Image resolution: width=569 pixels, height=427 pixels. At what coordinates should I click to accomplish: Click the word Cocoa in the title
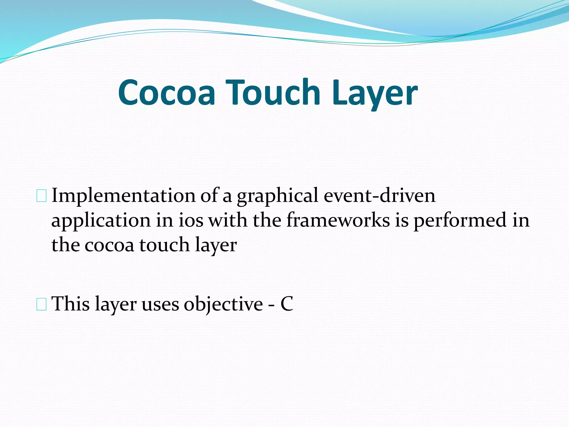click(166, 93)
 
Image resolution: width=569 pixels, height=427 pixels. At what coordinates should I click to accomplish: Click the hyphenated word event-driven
click(380, 196)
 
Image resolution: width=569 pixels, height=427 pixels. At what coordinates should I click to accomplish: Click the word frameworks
click(338, 220)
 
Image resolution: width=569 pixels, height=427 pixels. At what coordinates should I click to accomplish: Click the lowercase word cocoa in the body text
click(109, 245)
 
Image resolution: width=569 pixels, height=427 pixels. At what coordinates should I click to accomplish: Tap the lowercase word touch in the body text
click(164, 245)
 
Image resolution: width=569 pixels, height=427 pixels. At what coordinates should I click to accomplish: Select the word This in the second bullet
click(71, 304)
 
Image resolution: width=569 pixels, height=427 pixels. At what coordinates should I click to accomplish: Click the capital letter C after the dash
click(287, 304)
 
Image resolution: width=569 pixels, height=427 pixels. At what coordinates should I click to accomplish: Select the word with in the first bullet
click(228, 220)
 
